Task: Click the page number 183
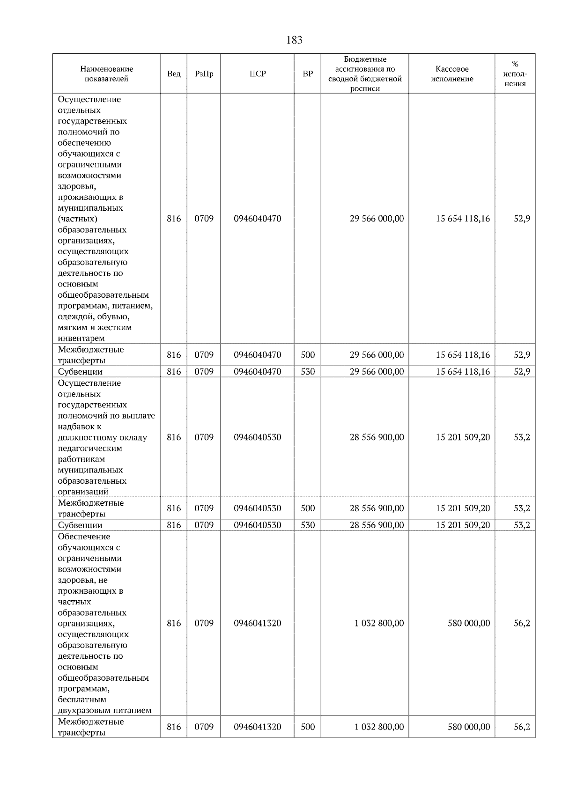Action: [x=294, y=40]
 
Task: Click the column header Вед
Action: [x=174, y=74]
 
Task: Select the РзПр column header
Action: [x=204, y=74]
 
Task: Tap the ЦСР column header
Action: [x=257, y=74]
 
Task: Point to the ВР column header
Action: [x=308, y=74]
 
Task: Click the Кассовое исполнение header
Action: [x=452, y=74]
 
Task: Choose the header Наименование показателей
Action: [x=106, y=74]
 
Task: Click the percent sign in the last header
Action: [x=515, y=64]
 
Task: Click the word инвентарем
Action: [x=81, y=338]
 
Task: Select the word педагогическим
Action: [x=90, y=448]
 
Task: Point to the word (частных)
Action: [x=78, y=219]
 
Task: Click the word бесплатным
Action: [x=82, y=699]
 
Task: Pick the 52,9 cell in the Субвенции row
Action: [x=522, y=372]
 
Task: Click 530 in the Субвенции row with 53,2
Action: [x=308, y=525]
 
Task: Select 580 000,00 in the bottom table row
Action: [x=469, y=727]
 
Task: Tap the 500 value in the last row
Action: [x=308, y=727]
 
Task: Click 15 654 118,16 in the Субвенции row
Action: [x=463, y=372]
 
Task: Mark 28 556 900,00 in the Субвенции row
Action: [x=377, y=525]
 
